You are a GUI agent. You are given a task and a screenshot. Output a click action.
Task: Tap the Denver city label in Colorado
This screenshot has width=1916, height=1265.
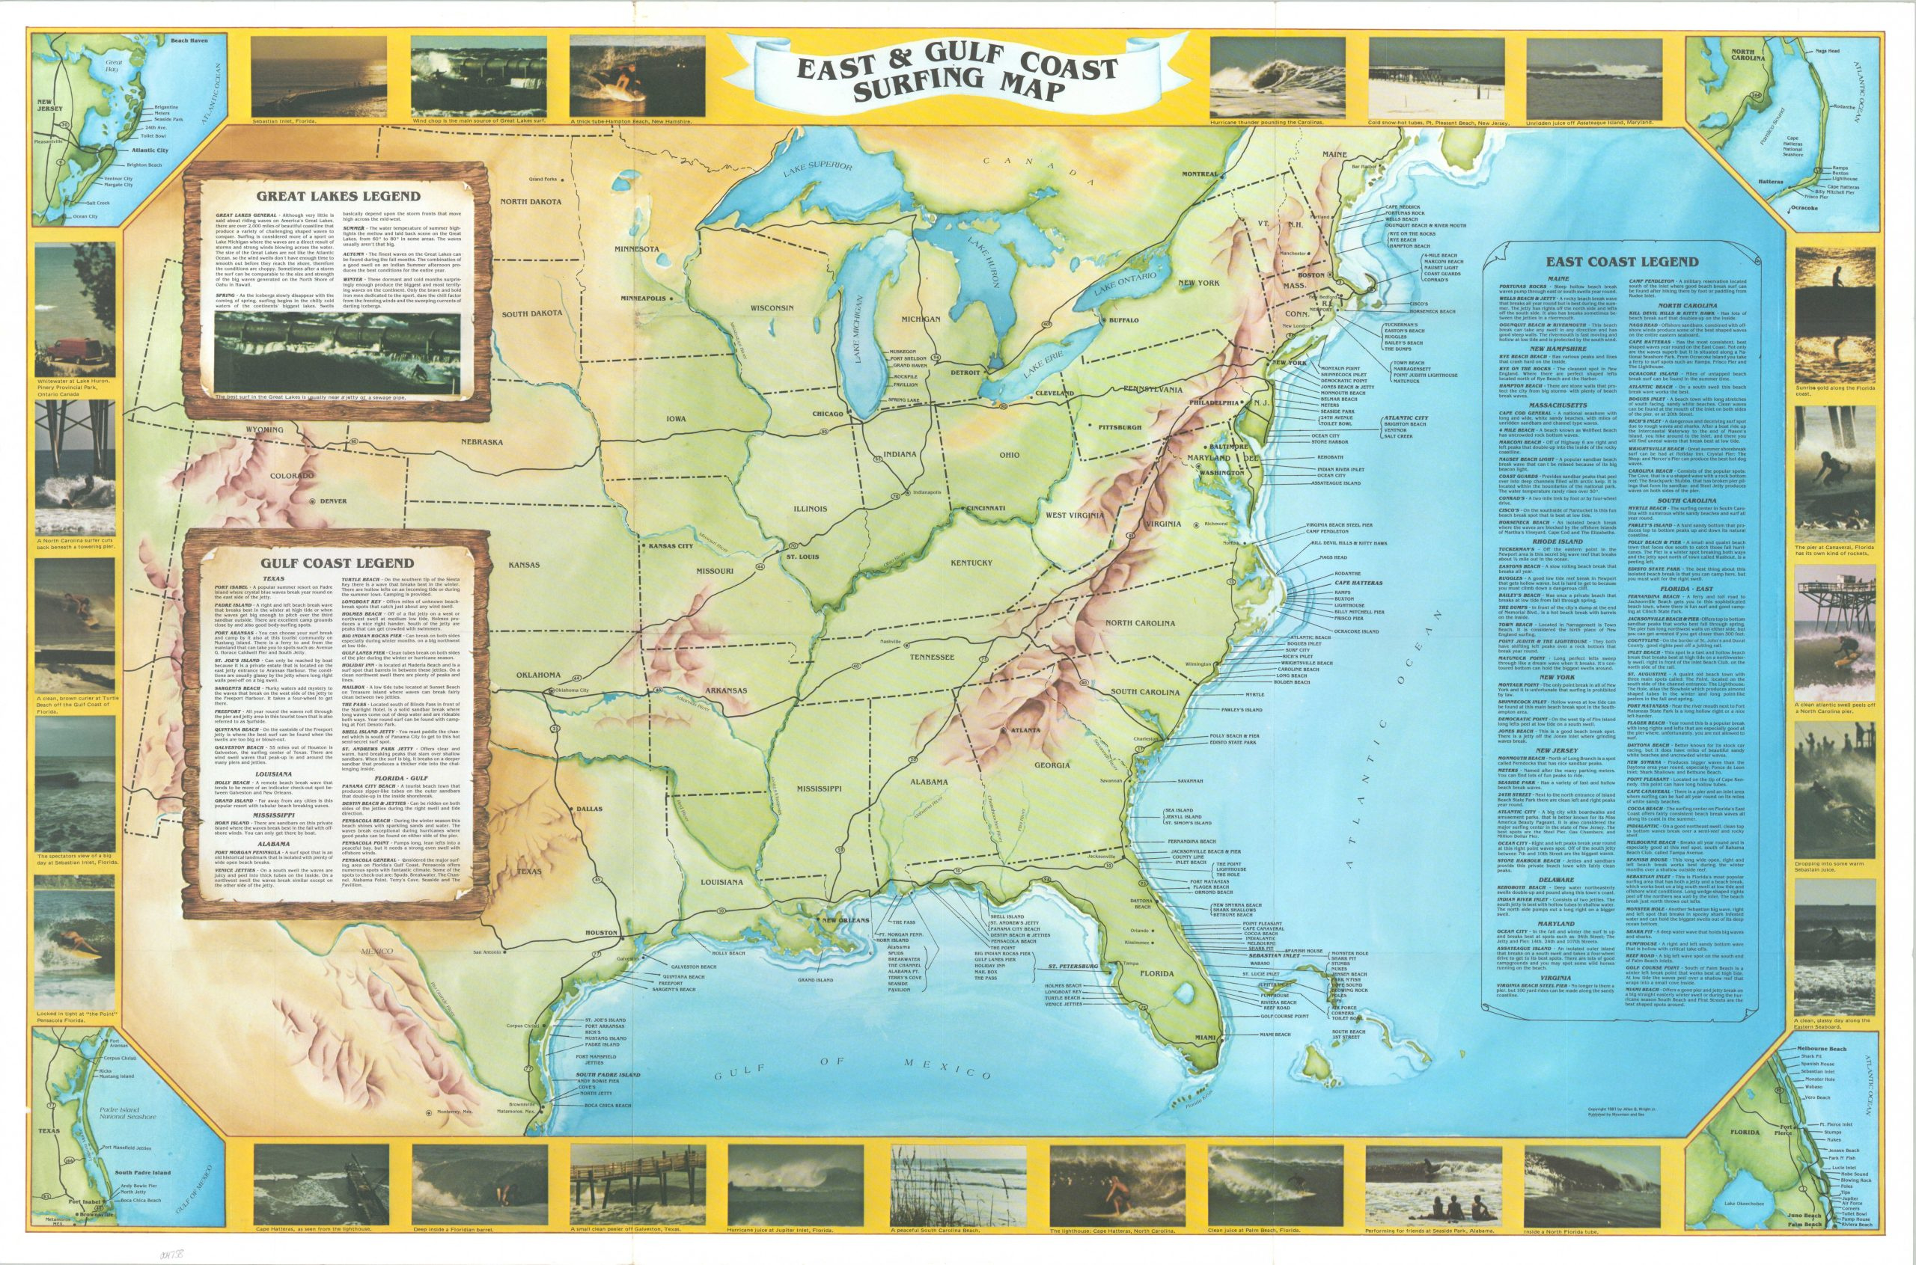point(332,501)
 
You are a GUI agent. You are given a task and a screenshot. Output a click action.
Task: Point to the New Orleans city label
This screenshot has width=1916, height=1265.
point(843,919)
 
